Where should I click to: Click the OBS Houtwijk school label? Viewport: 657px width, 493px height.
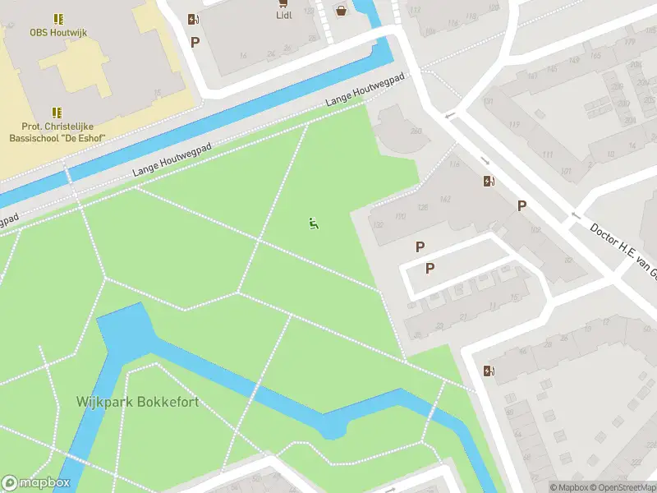pos(57,33)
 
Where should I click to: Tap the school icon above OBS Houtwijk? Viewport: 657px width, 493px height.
pos(57,18)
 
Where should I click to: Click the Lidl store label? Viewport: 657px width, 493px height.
pos(283,15)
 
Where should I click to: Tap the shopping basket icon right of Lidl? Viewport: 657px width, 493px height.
pos(340,10)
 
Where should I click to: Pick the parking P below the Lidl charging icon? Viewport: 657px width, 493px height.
pos(195,42)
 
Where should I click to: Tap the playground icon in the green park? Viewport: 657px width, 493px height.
pos(313,223)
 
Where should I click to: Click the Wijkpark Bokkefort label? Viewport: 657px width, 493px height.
pos(138,403)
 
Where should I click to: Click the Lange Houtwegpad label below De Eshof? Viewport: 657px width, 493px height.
pos(172,160)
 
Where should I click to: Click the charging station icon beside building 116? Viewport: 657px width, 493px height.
pos(489,182)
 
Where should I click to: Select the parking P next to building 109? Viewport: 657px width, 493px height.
pos(521,205)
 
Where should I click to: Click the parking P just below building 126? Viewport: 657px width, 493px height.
pos(420,246)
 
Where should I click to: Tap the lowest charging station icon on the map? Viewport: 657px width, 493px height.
pos(489,371)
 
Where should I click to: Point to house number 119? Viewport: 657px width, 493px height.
pos(514,125)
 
